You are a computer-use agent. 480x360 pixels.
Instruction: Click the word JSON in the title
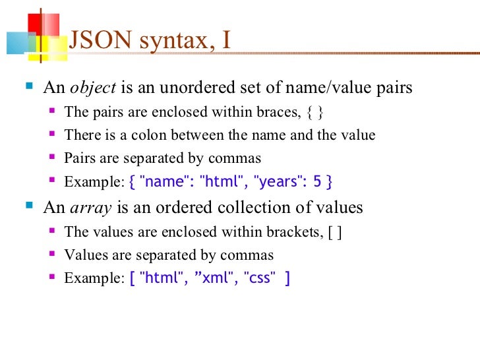point(95,40)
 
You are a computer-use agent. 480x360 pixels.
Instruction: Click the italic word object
point(93,88)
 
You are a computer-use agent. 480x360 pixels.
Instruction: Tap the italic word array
point(90,208)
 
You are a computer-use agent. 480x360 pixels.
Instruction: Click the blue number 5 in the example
point(317,181)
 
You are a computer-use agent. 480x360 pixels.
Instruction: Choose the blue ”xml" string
point(216,278)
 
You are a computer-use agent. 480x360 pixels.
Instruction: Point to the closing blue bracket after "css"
point(287,278)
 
